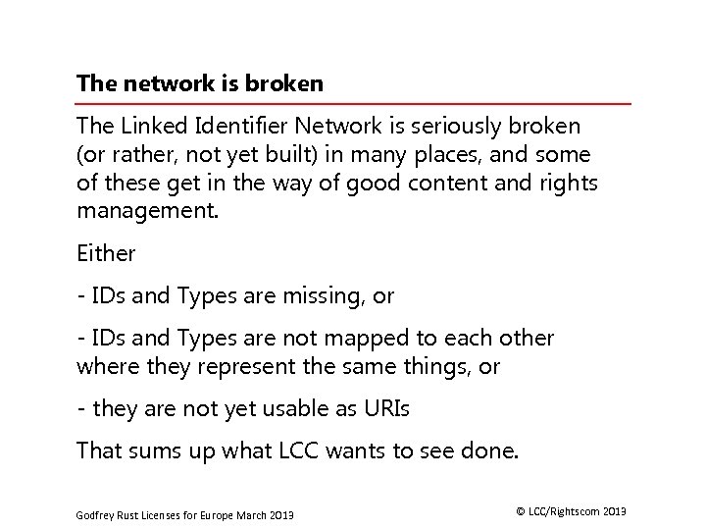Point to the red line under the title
353,103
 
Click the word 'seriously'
456,127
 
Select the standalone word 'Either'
106,253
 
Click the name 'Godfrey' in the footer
95,515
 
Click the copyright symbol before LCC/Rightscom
520,511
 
